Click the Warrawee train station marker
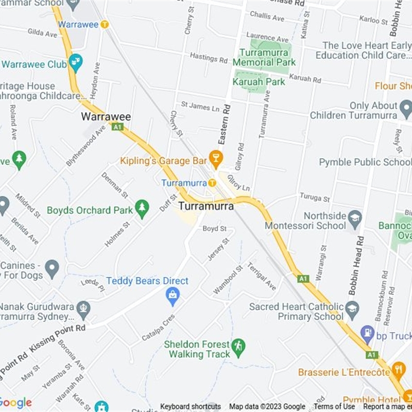105,24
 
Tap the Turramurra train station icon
212,183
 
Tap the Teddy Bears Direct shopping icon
173,296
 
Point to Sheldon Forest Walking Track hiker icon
238,347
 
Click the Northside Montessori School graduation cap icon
355,218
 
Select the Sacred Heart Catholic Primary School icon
352,309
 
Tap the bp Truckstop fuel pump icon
367,335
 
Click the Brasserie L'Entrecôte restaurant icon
398,369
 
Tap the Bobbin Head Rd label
356,265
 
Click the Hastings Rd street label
208,57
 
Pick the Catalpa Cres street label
158,328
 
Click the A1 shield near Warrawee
117,127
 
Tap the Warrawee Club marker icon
76,63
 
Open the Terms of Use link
334,406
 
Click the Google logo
15,403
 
